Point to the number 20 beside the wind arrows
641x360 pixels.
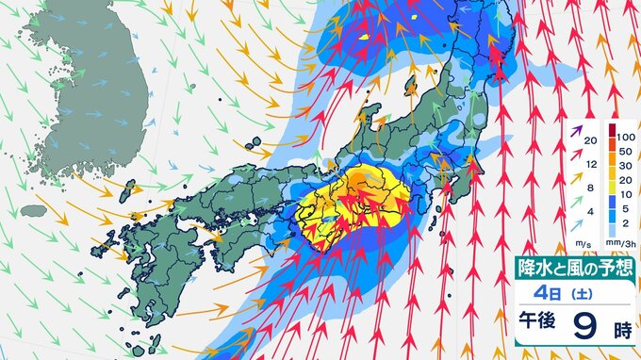click(x=590, y=140)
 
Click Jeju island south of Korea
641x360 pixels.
click(x=33, y=210)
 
